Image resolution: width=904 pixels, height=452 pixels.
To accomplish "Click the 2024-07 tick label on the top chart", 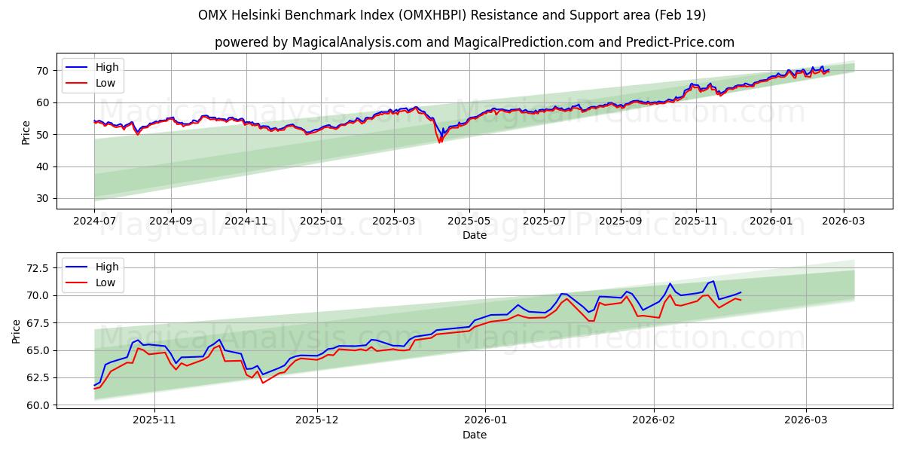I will tap(94, 222).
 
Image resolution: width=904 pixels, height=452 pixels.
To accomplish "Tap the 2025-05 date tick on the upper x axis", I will tap(469, 222).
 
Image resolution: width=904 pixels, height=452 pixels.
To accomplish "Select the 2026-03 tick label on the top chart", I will tap(843, 222).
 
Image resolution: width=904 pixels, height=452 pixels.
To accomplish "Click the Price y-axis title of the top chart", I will tap(26, 132).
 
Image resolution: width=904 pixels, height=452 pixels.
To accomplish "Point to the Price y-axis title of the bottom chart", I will tap(17, 331).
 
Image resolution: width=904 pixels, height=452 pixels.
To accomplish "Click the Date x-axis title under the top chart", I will tap(475, 235).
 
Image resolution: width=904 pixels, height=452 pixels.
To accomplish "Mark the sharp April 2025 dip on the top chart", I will tap(440, 141).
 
